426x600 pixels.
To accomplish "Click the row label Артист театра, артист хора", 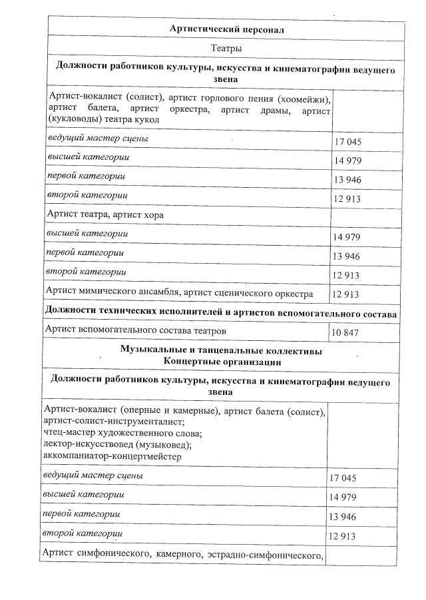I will [x=105, y=214].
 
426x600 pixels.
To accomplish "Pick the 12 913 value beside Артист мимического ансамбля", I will [x=345, y=294].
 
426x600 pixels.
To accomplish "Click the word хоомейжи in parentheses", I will [x=303, y=99].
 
